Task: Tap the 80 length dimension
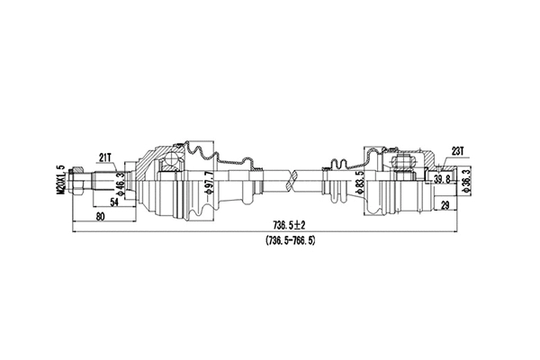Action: tap(99, 217)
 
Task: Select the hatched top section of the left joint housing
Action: tap(198, 147)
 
